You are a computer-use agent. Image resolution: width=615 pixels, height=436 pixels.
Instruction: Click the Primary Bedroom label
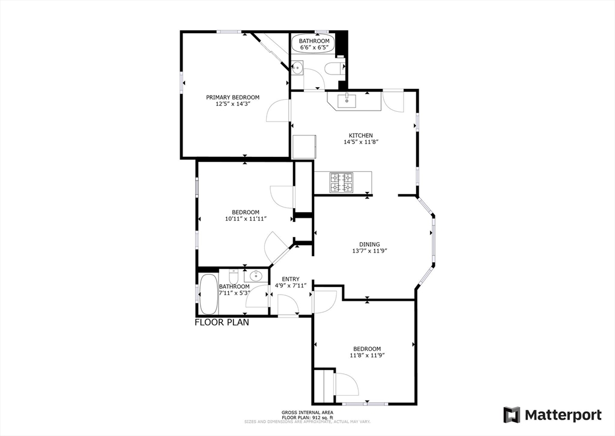pos(232,97)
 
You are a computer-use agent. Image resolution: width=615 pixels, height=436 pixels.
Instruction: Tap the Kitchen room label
pos(361,135)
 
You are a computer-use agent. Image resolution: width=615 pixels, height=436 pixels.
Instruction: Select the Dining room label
pos(369,244)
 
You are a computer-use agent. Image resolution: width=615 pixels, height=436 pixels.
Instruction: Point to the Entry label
pos(290,279)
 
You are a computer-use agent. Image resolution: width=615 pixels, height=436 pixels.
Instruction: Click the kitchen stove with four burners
pos(341,183)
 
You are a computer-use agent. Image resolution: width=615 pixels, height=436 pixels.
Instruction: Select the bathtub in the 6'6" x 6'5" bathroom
pos(314,43)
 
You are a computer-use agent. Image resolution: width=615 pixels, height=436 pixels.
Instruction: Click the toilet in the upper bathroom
pos(334,69)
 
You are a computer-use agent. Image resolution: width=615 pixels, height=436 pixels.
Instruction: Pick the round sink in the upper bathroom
pos(297,68)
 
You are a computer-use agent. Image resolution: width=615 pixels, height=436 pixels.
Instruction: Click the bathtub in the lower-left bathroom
pos(208,294)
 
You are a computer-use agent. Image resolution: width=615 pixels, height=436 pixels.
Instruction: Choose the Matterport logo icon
pos(512,415)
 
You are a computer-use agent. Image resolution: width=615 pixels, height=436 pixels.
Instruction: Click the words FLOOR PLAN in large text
pos(222,322)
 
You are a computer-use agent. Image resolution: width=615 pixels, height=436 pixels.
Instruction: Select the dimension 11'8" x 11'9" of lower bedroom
pos(367,355)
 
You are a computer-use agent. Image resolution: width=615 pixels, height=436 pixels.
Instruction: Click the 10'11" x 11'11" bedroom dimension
pos(246,219)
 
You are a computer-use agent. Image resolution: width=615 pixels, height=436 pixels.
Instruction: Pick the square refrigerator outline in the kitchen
pos(304,147)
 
